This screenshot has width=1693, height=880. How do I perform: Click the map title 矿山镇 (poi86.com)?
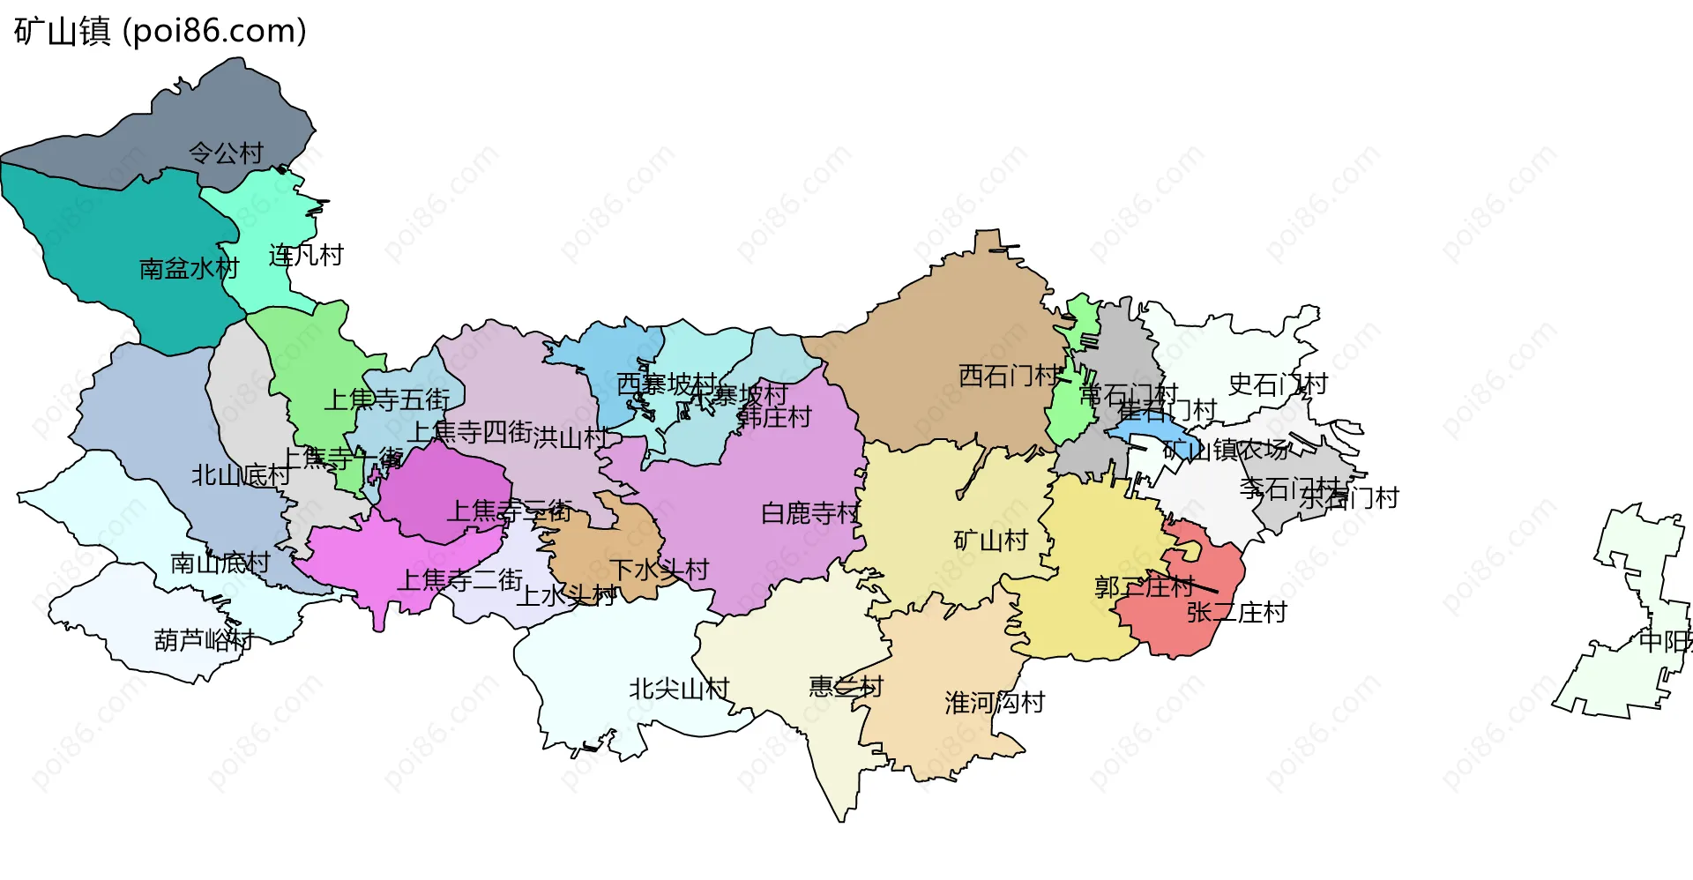[160, 32]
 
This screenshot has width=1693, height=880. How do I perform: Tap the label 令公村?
[226, 153]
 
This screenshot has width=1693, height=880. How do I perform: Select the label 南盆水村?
[189, 268]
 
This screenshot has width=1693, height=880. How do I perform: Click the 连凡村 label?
[305, 256]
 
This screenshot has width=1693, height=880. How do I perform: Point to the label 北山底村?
[241, 475]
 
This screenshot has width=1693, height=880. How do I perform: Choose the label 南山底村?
[220, 563]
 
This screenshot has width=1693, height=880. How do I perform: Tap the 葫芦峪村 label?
[204, 639]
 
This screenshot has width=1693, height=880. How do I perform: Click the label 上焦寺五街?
[387, 399]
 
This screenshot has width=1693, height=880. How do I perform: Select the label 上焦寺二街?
[460, 579]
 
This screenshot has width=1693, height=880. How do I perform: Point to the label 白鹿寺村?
[809, 513]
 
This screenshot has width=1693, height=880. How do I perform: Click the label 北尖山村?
[679, 689]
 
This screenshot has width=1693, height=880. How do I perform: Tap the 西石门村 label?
[1008, 376]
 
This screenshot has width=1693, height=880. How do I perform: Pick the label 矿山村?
[991, 540]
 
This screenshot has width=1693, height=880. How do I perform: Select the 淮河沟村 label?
[995, 703]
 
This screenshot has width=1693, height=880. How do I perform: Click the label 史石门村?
[1277, 384]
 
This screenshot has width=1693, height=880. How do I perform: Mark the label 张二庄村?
[1236, 612]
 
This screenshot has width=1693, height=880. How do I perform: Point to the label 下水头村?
[660, 570]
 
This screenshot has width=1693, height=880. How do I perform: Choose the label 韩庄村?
[774, 416]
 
